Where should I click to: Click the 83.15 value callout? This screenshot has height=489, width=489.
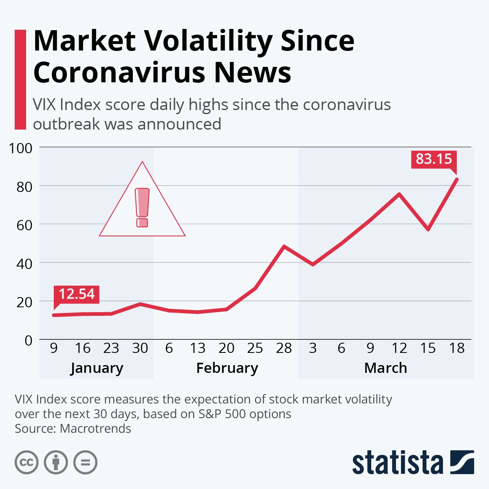point(434,159)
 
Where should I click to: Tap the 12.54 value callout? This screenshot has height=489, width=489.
point(77,294)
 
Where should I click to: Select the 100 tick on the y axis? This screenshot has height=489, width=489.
point(20,148)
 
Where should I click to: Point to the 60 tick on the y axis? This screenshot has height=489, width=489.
point(24,225)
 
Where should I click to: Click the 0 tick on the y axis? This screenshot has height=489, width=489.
point(28,340)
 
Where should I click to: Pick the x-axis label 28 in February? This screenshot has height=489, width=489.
point(284,348)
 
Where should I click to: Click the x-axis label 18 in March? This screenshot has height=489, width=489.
point(457,348)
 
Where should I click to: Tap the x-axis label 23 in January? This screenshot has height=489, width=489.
point(111,348)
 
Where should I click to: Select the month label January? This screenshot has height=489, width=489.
point(97,368)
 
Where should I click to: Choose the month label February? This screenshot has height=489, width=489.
point(227,368)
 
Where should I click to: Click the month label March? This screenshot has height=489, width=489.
point(385,368)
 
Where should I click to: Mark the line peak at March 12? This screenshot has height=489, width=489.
point(399,194)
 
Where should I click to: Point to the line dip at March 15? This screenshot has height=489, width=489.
point(428,229)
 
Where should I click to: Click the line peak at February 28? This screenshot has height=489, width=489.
point(284,247)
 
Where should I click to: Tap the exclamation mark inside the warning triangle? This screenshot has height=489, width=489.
point(142,207)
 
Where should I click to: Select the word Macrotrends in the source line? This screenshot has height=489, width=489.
point(95,428)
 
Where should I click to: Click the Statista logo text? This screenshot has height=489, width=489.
point(397,463)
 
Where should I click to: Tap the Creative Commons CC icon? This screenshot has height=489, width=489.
point(26,463)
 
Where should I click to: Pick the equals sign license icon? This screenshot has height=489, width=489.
point(85,463)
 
